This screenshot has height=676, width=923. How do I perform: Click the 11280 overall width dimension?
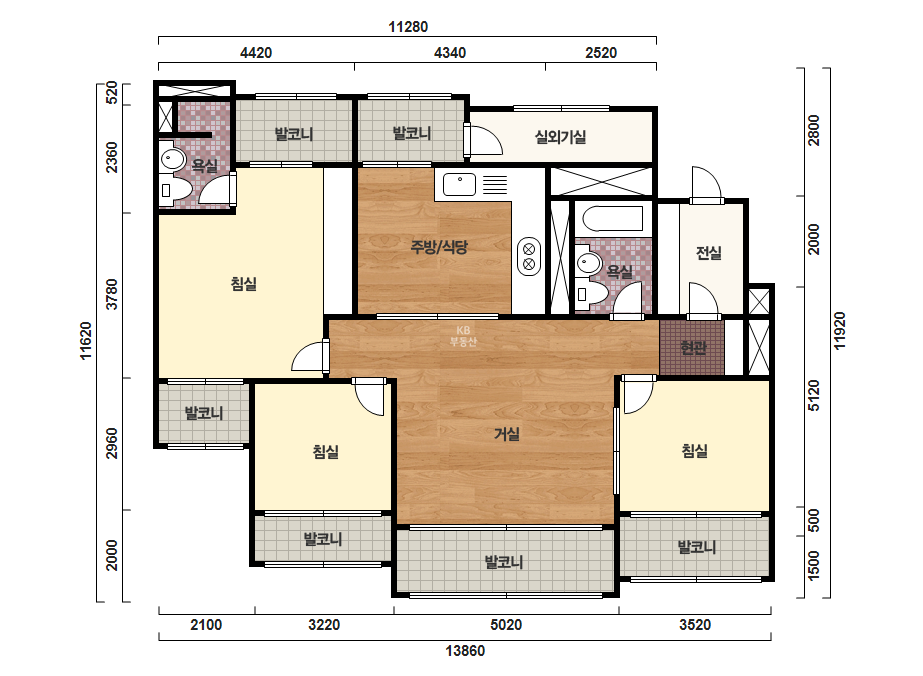click(408, 26)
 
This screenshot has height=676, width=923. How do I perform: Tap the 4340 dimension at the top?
click(450, 53)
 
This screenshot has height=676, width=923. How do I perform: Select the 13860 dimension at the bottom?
click(465, 651)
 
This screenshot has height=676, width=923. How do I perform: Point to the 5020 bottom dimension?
click(506, 625)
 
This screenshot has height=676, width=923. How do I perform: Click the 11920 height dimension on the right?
click(839, 330)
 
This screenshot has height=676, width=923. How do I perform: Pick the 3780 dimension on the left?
click(111, 294)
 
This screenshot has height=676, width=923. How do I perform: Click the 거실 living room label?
click(507, 434)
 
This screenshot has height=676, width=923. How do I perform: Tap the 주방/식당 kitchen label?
click(439, 247)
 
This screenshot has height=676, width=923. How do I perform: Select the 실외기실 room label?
click(560, 137)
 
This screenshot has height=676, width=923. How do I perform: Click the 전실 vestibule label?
click(709, 253)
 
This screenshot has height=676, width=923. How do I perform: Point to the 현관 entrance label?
click(693, 348)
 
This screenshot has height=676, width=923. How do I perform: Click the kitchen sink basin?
click(459, 184)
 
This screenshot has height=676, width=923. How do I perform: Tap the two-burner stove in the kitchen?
click(529, 257)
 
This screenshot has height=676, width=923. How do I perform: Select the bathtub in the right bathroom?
click(613, 219)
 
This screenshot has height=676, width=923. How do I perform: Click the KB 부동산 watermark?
click(463, 336)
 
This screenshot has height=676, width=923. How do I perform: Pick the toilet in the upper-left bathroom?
click(175, 190)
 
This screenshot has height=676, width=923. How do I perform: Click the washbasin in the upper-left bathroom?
click(173, 159)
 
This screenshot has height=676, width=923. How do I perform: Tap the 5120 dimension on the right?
click(814, 396)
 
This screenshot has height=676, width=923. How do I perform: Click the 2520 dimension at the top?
click(601, 53)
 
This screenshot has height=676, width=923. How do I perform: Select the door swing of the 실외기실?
click(484, 140)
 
